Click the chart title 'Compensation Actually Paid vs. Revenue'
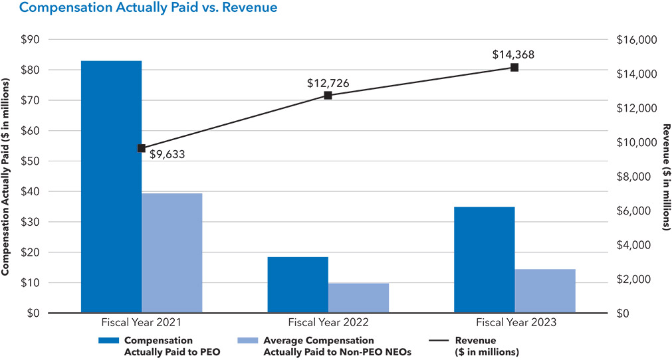tap(140, 8)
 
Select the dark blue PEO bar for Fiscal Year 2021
tap(111, 187)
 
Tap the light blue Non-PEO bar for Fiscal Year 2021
tap(171, 253)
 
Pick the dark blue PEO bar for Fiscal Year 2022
tap(297, 285)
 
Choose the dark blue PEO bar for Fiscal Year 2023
tap(484, 260)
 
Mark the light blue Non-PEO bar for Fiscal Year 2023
tap(545, 291)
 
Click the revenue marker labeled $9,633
tap(141, 148)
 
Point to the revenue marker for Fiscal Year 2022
tap(328, 95)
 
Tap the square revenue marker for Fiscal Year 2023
tap(514, 67)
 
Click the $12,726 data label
tap(328, 83)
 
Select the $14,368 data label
tap(513, 54)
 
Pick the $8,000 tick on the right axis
tap(637, 177)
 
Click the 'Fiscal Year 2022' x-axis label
tap(328, 323)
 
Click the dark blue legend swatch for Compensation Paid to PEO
tap(107, 340)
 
